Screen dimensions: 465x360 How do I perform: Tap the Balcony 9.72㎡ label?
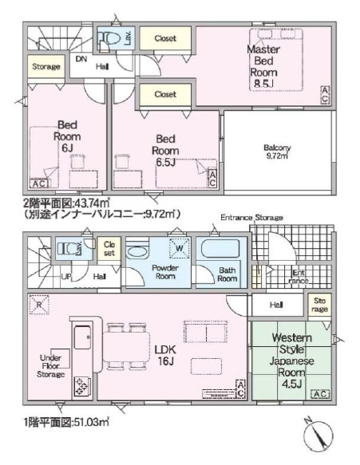click(277, 152)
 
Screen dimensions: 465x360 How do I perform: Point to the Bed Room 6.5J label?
click(164, 150)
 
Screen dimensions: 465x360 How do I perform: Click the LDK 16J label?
click(165, 354)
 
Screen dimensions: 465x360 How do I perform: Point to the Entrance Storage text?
click(252, 217)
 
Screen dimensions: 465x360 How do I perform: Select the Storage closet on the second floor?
click(46, 67)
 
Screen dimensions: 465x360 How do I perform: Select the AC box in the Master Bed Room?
click(325, 93)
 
